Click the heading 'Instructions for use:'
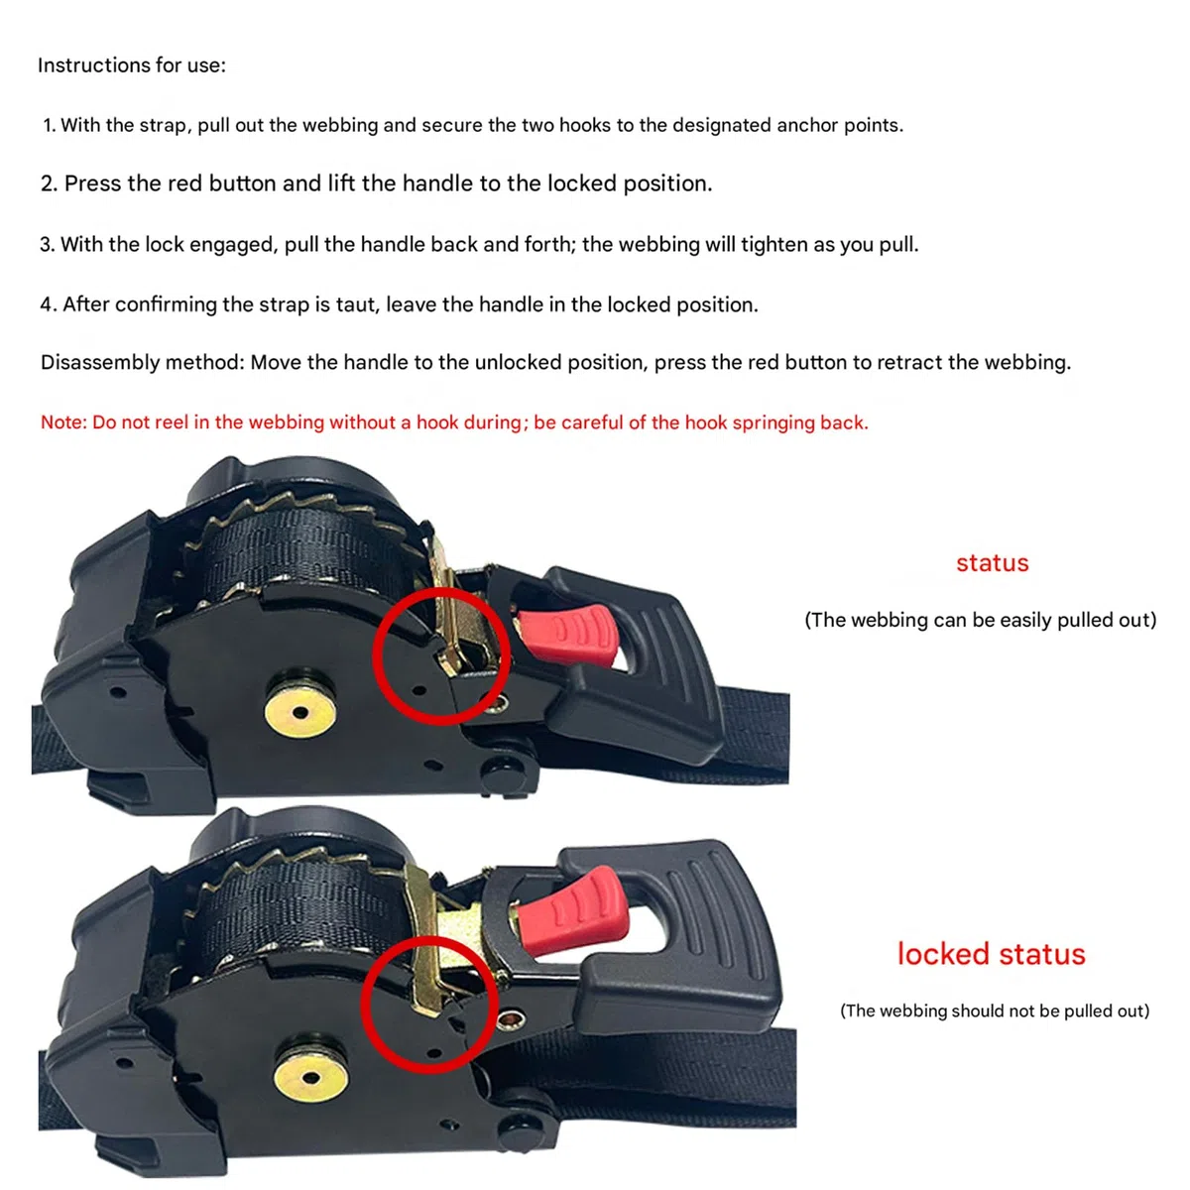[132, 64]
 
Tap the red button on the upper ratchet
[568, 635]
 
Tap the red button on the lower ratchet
[571, 912]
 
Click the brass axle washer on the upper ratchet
[300, 712]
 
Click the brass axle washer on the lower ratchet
[311, 1078]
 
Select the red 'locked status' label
[991, 954]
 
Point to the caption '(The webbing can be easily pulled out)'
[980, 620]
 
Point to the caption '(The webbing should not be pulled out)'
[995, 1011]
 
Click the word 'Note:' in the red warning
[63, 422]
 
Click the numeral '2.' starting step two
[49, 184]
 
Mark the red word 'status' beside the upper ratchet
[993, 563]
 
